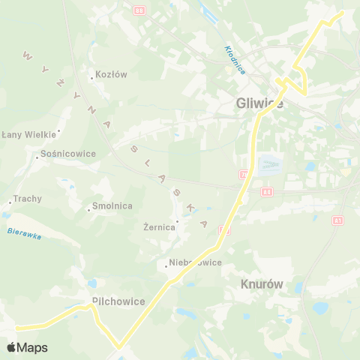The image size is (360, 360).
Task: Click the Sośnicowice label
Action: (x=70, y=154)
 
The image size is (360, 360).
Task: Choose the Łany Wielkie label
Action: (x=29, y=135)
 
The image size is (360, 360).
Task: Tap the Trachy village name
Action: (x=28, y=199)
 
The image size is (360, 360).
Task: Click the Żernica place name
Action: (x=159, y=227)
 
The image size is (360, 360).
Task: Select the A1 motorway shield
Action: (x=338, y=220)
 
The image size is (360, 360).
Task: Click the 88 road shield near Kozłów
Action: (x=139, y=10)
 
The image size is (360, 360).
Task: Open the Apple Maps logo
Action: (x=27, y=347)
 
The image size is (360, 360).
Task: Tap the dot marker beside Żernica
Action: (x=177, y=221)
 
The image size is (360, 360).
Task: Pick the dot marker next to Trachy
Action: (x=9, y=200)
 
